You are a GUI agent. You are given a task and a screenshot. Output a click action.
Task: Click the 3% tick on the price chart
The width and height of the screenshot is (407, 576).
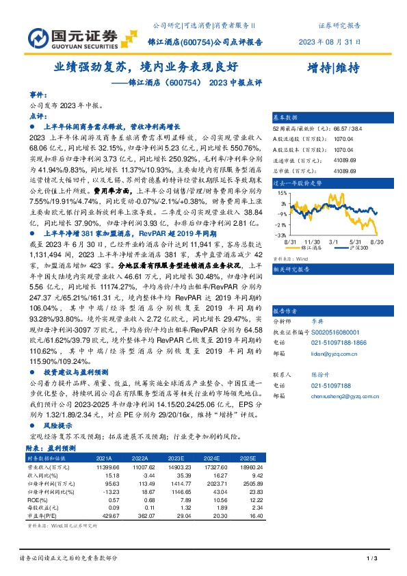[x=283, y=203]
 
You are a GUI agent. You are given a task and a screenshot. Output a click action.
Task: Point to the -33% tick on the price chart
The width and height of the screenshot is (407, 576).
[x=280, y=234]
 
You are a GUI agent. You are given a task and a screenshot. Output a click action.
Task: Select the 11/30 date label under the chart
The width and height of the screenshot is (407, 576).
[x=313, y=241]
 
